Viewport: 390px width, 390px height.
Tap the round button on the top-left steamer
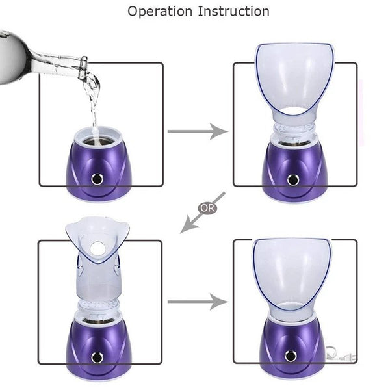[98, 177]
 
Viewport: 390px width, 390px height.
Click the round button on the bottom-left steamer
[98, 356]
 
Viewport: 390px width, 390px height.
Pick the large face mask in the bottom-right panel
[292, 270]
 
